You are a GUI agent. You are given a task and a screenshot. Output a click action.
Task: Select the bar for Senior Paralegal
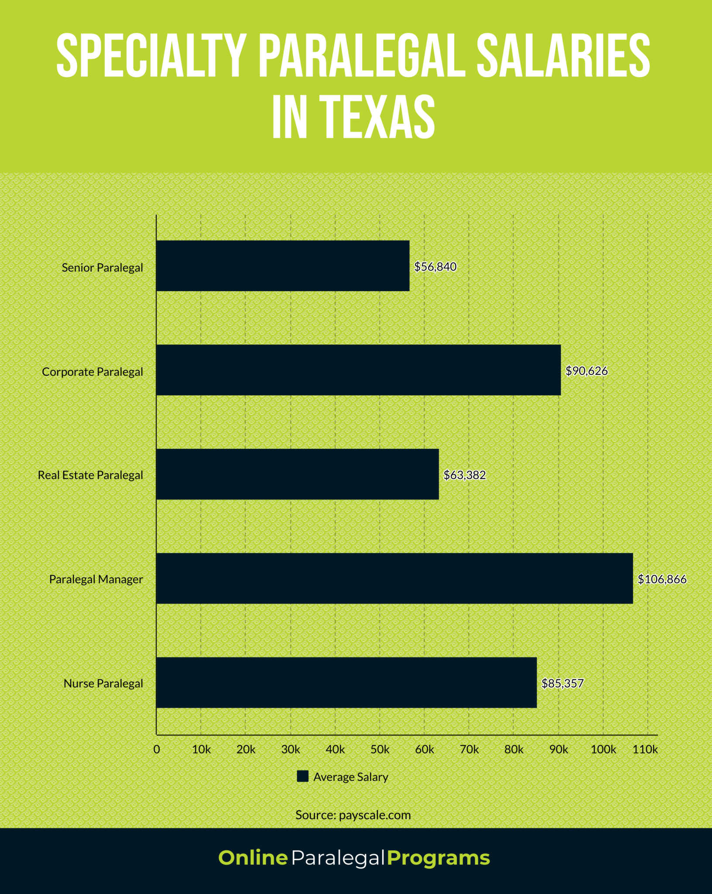283,265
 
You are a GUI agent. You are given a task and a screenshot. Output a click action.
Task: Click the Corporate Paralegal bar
358,370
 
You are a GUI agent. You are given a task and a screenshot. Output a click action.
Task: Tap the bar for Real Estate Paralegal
297,474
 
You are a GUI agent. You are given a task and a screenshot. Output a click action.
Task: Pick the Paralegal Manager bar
394,578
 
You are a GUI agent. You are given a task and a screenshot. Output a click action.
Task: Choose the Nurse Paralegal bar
346,683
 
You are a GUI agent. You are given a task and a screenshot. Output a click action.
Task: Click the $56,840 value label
435,267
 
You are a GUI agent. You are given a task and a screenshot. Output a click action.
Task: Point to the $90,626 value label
586,371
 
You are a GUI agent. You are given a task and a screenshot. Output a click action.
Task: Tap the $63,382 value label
464,475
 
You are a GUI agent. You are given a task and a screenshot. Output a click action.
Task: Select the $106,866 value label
662,579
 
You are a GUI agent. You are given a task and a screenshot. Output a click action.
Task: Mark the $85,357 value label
562,683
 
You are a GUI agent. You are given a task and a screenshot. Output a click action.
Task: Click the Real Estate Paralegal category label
90,475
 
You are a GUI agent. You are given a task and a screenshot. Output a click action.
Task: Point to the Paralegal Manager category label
96,579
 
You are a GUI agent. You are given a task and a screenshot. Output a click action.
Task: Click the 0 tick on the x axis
157,750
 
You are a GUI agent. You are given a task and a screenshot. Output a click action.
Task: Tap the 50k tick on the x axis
380,750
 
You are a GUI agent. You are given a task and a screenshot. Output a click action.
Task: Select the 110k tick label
645,750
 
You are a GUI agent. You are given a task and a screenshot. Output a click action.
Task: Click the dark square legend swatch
302,776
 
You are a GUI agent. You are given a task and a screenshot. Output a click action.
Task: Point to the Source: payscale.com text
353,815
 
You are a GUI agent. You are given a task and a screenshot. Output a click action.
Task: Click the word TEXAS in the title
377,117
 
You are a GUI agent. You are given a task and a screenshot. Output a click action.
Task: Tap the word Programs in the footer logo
438,858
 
